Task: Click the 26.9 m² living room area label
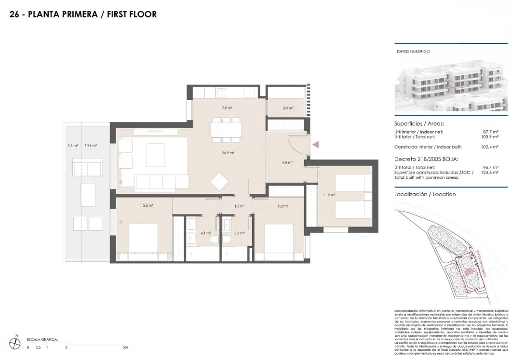coord(228,153)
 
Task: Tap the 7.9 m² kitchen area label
coord(227,108)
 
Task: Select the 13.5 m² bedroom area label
coord(147,206)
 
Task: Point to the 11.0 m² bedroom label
coord(329,195)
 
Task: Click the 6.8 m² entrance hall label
coord(287,162)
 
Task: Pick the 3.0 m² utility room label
coord(288,108)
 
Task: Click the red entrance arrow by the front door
coord(316,144)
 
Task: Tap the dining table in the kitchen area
coord(226,129)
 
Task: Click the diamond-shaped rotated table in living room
coord(220,182)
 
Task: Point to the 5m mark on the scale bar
coord(125,347)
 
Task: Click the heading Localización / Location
coord(425,194)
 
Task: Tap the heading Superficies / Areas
coord(419,123)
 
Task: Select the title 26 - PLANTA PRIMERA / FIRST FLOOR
coord(83,14)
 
